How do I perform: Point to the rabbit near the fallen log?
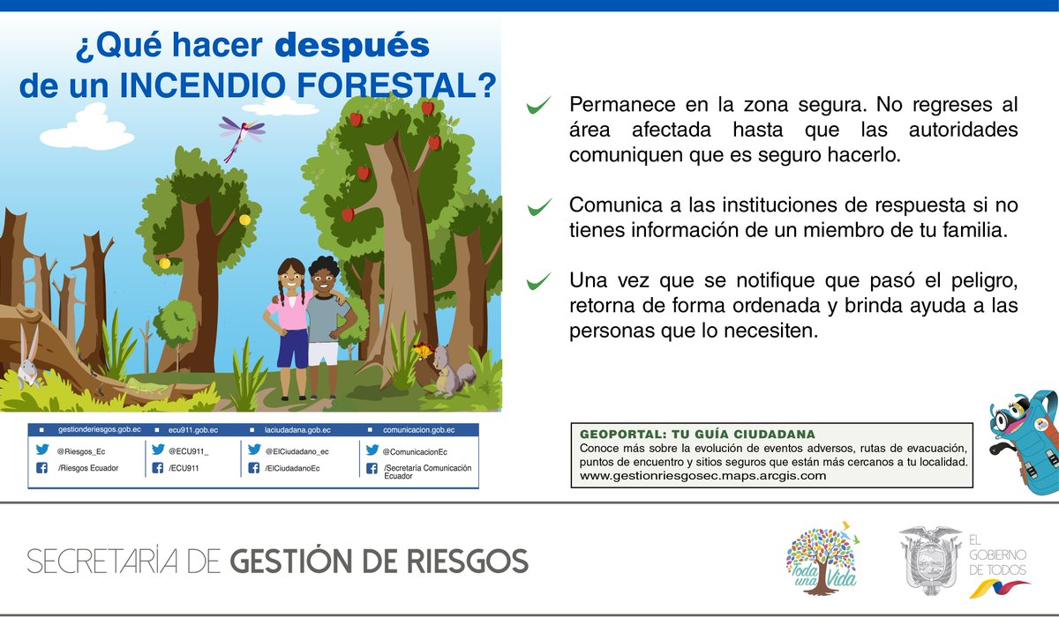pos(28,357)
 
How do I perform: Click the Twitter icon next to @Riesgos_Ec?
pos(41,449)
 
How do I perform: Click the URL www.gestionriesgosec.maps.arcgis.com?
pos(702,476)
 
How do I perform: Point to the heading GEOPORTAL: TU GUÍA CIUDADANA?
pos(697,435)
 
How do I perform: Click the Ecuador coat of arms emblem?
pos(929,560)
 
